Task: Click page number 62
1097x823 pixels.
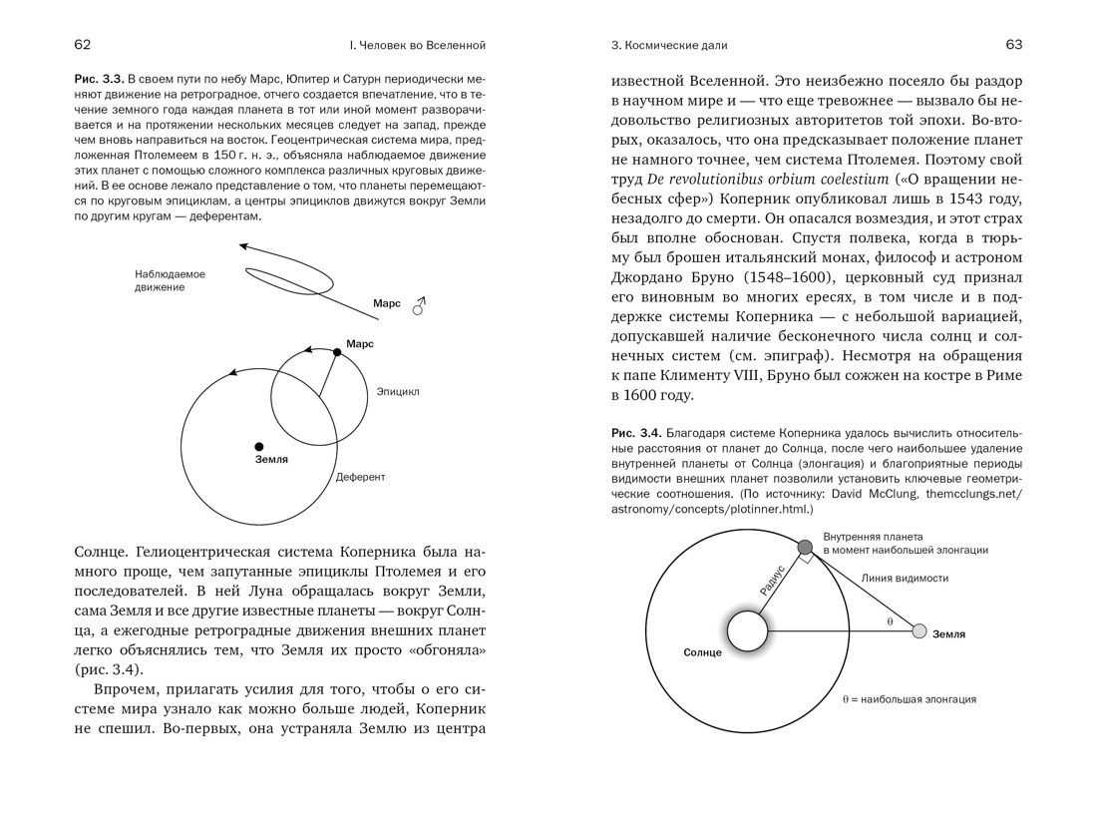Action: coord(83,45)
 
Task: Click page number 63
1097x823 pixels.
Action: coord(1013,45)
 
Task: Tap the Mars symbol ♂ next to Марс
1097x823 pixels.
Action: coord(419,304)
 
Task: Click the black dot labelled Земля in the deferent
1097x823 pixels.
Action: coord(259,446)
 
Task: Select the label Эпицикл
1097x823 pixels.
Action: coord(398,392)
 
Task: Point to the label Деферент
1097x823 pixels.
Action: coord(360,477)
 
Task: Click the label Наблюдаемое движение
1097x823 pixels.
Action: coord(170,280)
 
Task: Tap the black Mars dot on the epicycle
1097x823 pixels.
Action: coord(338,352)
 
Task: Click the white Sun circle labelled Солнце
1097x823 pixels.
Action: coord(747,630)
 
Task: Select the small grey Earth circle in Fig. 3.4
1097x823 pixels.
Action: coord(919,631)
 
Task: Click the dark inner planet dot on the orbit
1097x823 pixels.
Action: coord(806,546)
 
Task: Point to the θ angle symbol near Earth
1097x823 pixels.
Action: coord(890,621)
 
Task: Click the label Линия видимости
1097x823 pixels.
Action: coord(905,579)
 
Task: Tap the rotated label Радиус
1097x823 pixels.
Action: coord(772,580)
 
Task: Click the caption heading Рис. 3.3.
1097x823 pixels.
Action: coord(99,78)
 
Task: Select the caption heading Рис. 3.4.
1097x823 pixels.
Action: coord(636,432)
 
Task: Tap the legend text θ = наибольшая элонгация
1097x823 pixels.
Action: coord(909,699)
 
